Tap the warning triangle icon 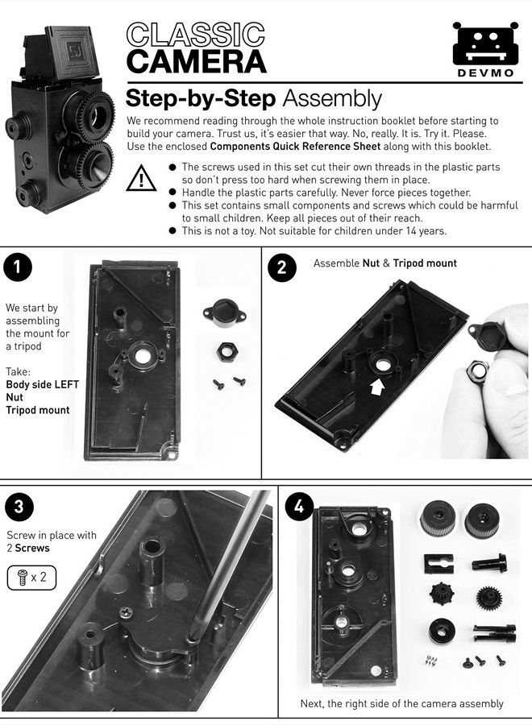pyautogui.click(x=142, y=178)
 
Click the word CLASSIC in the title pyautogui.click(x=196, y=35)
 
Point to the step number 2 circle pyautogui.click(x=281, y=268)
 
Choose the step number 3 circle pyautogui.click(x=18, y=506)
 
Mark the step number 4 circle pyautogui.click(x=300, y=507)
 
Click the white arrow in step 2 pyautogui.click(x=376, y=387)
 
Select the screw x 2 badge pyautogui.click(x=31, y=578)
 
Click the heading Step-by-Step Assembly pyautogui.click(x=253, y=99)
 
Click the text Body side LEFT pyautogui.click(x=42, y=384)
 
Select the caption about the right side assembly pyautogui.click(x=401, y=703)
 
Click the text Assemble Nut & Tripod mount pyautogui.click(x=384, y=263)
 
